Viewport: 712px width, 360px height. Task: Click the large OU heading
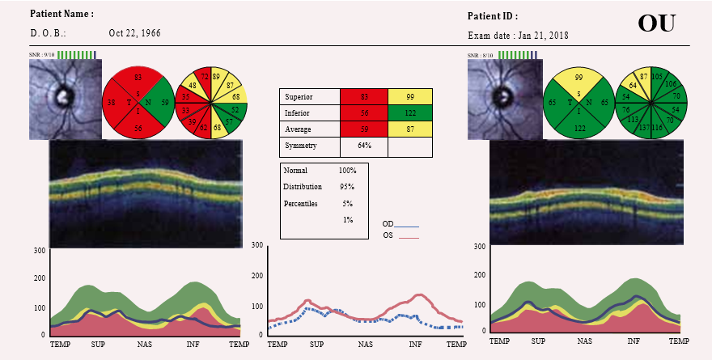coord(656,23)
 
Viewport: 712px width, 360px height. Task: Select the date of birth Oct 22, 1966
coord(134,34)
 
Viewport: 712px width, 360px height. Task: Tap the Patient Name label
coord(61,15)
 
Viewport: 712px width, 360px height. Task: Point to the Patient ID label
coord(493,16)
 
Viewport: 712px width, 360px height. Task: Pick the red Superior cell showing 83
coord(364,97)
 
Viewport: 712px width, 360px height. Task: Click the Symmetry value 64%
coord(364,146)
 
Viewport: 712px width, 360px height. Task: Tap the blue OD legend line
coord(407,226)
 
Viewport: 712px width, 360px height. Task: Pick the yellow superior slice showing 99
coord(578,78)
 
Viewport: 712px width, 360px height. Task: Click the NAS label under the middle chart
coord(366,345)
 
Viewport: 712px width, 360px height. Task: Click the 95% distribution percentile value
coord(347,188)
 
